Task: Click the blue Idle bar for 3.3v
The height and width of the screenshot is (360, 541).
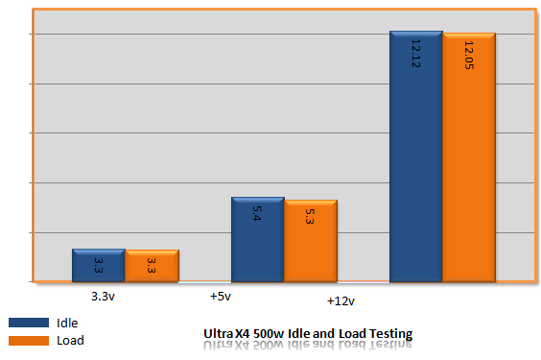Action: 98,266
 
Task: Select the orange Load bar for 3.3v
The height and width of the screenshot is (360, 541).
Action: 152,266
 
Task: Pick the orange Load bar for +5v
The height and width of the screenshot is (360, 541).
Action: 310,242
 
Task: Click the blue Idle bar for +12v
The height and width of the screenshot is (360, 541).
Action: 415,157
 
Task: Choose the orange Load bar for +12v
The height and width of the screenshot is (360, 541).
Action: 469,158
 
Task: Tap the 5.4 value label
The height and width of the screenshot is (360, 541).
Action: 257,214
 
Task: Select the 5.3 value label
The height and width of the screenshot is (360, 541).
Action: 310,216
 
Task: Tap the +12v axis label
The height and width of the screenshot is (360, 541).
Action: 341,301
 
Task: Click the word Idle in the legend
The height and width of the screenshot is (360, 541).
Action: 68,323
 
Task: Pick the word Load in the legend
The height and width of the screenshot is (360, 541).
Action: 70,340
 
